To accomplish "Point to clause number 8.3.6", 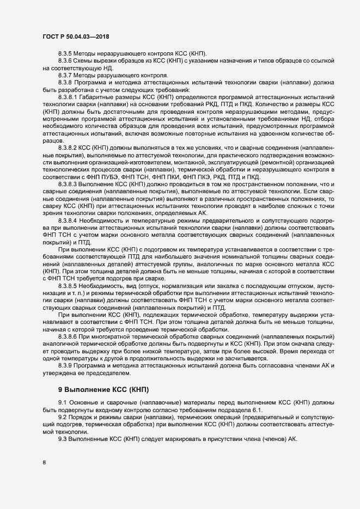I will click(65, 61).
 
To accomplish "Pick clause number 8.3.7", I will click(65, 75).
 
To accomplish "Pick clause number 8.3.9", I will click(65, 365).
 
